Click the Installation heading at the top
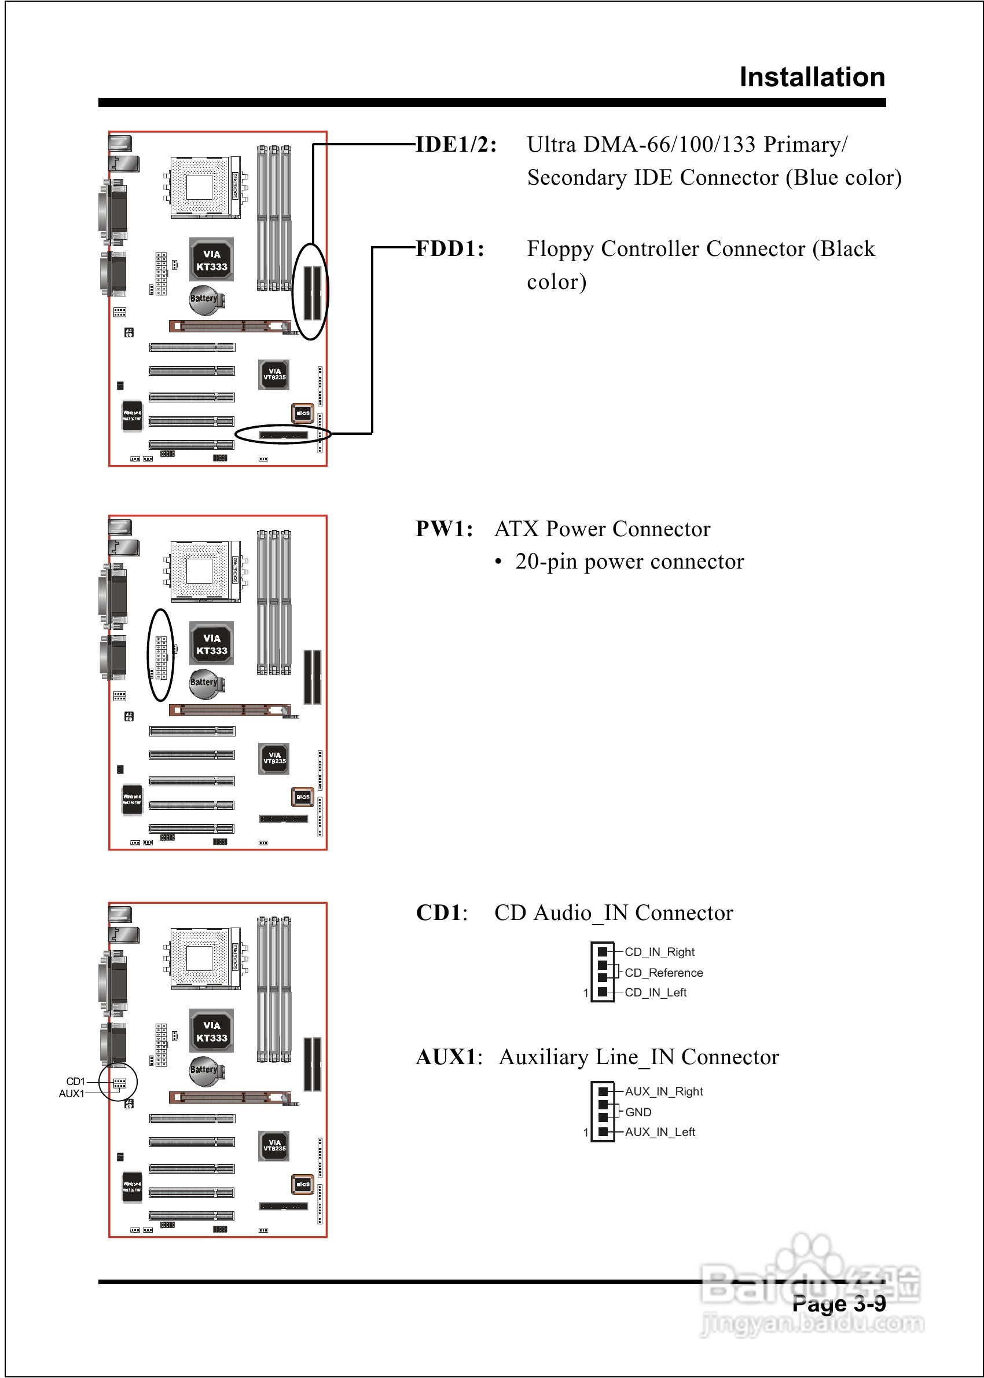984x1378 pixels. (x=812, y=78)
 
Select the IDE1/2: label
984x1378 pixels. (x=456, y=145)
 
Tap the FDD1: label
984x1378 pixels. (x=450, y=249)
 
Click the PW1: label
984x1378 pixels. (x=444, y=529)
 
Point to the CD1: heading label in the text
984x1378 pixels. (x=441, y=912)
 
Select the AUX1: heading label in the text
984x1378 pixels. (x=449, y=1057)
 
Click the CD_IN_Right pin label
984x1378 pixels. (x=659, y=952)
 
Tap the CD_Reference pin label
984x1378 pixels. (x=663, y=973)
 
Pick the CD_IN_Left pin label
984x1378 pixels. (x=655, y=992)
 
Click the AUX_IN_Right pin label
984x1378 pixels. (x=663, y=1091)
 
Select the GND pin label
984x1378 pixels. (x=638, y=1112)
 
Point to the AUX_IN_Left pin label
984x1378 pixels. (x=660, y=1132)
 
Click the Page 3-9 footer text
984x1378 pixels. (x=839, y=1303)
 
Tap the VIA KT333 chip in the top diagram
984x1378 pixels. (x=211, y=260)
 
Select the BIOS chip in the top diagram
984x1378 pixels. (x=302, y=413)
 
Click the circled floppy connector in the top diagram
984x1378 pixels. (x=284, y=434)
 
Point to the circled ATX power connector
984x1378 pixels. (x=161, y=655)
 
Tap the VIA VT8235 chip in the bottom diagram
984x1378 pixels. (x=274, y=1145)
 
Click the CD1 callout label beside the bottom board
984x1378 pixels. (x=75, y=1082)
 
